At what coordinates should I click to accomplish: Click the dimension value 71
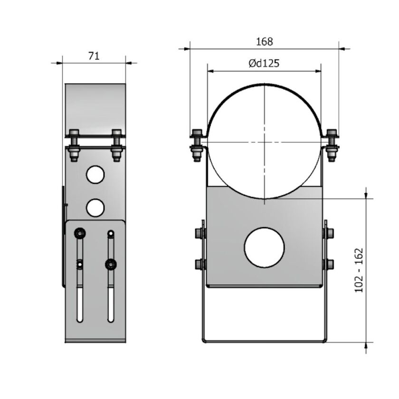point(94,56)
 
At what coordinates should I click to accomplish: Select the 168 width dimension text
point(265,41)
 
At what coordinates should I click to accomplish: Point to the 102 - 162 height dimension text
point(359,270)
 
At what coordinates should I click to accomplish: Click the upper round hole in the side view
point(95,174)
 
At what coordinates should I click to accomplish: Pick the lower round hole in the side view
point(95,207)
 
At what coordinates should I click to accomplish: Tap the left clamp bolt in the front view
point(197,144)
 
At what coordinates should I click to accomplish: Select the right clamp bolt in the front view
point(332,144)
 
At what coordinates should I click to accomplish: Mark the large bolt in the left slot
point(79,233)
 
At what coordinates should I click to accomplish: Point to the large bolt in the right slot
point(111,263)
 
